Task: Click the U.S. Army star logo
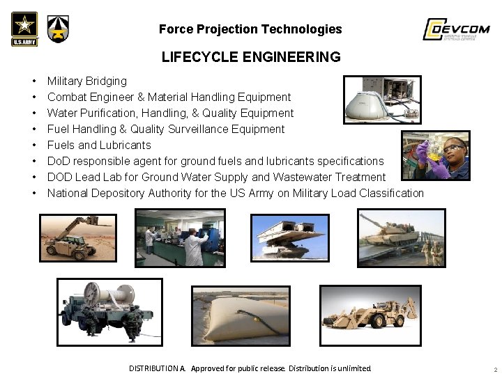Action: pyautogui.click(x=24, y=29)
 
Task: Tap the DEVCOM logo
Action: pyautogui.click(x=457, y=29)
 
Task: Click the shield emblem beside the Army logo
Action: pyautogui.click(x=58, y=29)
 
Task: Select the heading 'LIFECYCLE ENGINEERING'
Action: pyautogui.click(x=251, y=57)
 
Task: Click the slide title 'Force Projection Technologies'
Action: pyautogui.click(x=250, y=29)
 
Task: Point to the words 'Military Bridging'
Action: pyautogui.click(x=87, y=81)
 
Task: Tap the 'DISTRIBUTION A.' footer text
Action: pyautogui.click(x=157, y=368)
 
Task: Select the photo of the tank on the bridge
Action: pyautogui.click(x=401, y=239)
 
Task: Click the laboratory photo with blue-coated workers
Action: pyautogui.click(x=180, y=238)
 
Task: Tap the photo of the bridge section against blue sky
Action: pyautogui.click(x=290, y=238)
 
